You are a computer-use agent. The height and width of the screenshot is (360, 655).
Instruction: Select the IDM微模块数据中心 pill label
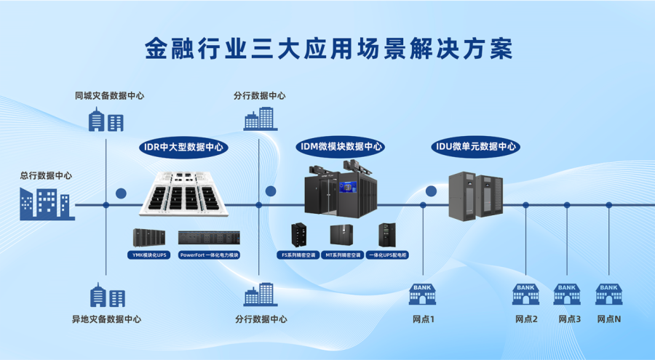coord(340,146)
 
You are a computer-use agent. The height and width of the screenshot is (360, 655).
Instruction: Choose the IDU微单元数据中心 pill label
coord(476,146)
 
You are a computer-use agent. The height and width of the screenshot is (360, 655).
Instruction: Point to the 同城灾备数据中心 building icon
coord(106,119)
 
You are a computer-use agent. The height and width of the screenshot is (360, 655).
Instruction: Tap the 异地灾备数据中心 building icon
coord(106,295)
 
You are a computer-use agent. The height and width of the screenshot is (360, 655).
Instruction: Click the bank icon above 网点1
coord(422,294)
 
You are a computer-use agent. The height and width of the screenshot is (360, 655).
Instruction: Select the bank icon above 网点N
coord(608,294)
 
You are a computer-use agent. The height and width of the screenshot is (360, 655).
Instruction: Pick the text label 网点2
coord(526,319)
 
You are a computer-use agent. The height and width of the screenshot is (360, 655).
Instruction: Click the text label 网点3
coord(569,319)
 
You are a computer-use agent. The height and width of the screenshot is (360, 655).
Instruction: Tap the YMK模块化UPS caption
coord(149,255)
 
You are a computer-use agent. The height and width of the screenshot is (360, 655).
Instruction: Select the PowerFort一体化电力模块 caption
coord(210,255)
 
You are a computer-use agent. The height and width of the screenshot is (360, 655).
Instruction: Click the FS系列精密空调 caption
coord(298,255)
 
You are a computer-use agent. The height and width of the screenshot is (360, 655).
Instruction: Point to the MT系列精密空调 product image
coord(341,235)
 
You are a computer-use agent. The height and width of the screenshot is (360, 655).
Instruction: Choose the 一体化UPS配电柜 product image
coord(386,235)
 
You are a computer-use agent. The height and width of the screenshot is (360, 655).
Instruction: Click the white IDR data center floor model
coord(185,195)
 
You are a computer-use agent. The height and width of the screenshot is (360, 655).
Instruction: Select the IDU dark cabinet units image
coord(476,195)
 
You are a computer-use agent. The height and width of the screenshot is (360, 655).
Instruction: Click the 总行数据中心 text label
coord(46,175)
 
